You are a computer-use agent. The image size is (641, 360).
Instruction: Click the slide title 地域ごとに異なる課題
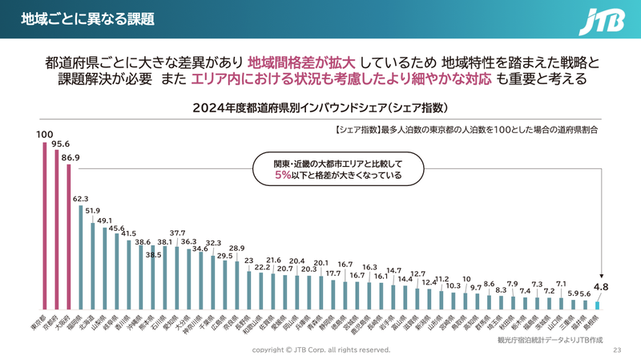(x=87, y=18)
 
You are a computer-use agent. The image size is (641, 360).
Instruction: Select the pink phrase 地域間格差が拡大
(x=301, y=63)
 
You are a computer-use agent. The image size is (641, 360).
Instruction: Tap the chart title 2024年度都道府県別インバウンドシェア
(x=320, y=107)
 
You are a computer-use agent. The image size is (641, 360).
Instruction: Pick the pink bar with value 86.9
(x=68, y=237)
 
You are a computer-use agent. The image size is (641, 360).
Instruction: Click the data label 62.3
(x=80, y=197)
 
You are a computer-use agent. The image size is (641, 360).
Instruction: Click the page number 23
(x=617, y=350)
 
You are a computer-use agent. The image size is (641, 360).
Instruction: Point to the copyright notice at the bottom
(x=320, y=350)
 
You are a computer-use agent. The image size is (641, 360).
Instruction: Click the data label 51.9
(x=92, y=211)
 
